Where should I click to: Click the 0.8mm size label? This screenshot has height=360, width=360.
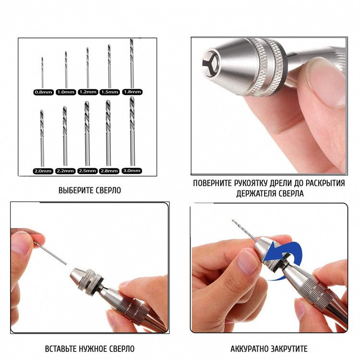44,92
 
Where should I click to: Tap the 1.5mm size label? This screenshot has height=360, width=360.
110,92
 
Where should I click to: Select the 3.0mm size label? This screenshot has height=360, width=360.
132,171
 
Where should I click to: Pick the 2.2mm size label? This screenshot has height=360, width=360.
65,171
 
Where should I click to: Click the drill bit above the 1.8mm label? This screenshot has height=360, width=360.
132,64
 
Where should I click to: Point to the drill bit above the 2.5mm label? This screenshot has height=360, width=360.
87,133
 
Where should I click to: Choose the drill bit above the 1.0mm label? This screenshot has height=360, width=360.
66,70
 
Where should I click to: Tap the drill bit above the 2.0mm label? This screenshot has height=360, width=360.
42,138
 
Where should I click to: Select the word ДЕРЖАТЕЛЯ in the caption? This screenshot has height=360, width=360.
256,193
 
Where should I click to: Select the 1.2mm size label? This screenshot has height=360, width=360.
88,92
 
